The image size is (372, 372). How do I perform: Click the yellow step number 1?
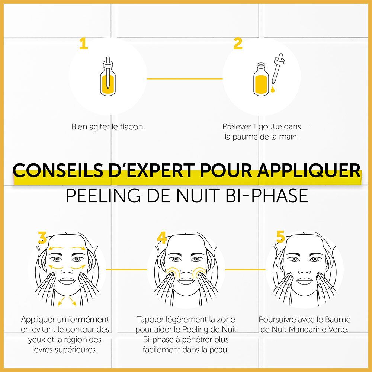point(83,44)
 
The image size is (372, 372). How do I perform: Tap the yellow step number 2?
point(238,44)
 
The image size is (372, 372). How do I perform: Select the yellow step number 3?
point(42,238)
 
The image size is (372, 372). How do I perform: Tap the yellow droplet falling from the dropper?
point(273,89)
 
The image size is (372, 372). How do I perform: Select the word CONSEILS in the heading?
point(58,170)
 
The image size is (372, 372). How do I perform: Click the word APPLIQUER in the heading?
point(309,170)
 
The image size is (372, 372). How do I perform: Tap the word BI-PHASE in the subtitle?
point(267,196)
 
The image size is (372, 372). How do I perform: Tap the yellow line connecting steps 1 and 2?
point(185,79)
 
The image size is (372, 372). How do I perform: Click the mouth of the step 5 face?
point(304,280)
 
